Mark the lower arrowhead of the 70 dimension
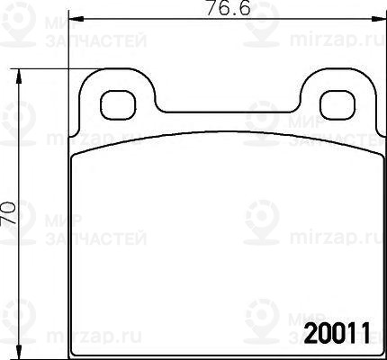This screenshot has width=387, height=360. point(20,354)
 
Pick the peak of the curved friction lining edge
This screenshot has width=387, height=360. point(225,134)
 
